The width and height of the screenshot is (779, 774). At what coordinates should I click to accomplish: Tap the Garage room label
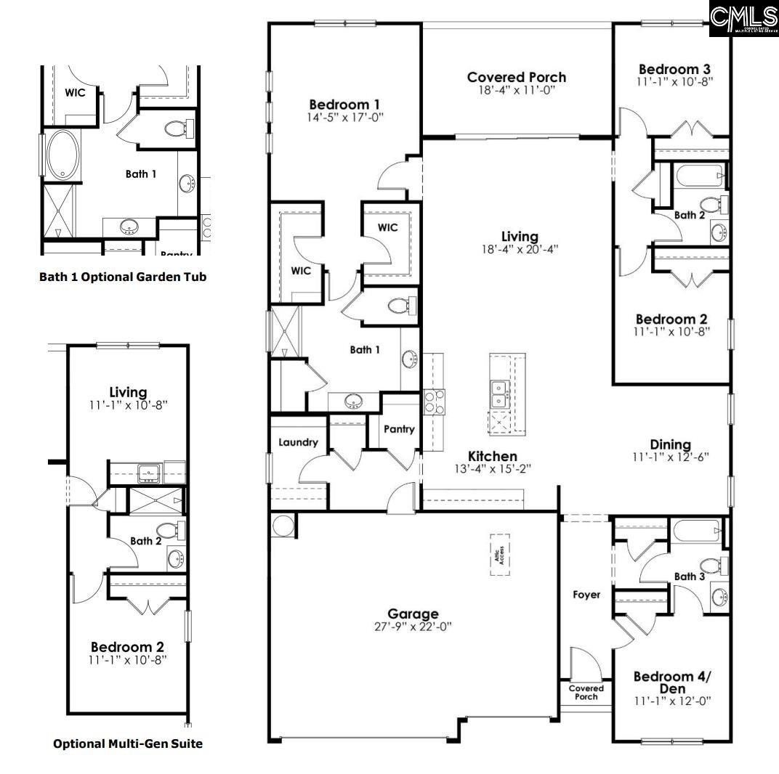413,614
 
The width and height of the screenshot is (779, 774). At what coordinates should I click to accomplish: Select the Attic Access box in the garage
499,555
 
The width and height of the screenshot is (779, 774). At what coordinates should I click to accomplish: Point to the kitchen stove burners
434,402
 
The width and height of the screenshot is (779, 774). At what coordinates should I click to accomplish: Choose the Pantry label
399,429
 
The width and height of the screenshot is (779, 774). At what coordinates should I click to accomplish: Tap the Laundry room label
298,442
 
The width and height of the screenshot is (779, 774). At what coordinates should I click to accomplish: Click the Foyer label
586,595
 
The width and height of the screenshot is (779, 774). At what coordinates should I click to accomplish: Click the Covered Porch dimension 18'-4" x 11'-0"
517,90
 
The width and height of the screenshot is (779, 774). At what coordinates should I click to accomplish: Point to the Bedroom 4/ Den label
671,682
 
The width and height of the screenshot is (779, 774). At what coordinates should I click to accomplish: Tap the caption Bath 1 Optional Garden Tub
123,277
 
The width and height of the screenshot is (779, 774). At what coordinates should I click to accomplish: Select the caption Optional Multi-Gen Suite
128,743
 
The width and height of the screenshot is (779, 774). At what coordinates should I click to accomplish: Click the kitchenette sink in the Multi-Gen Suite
150,473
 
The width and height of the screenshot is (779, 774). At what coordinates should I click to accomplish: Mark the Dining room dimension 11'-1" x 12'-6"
671,457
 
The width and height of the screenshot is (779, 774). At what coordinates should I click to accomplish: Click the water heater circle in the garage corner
282,525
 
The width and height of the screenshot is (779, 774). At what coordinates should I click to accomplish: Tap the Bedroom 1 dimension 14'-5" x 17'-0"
345,116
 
